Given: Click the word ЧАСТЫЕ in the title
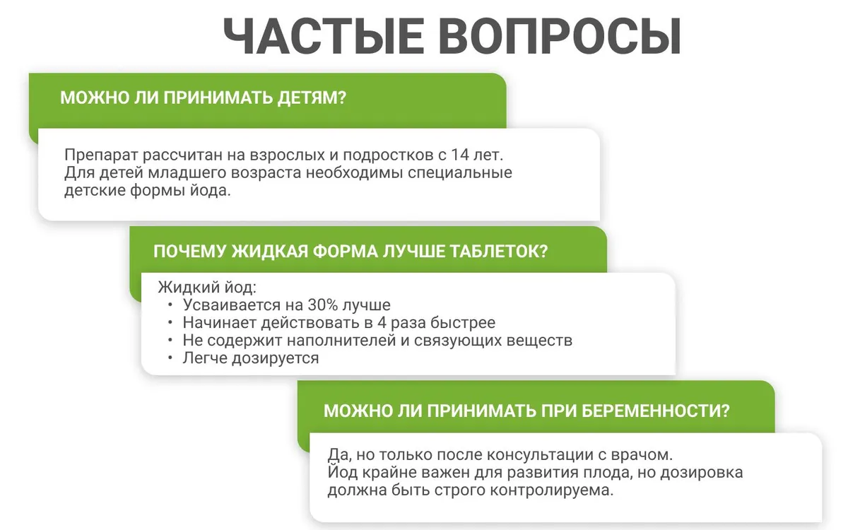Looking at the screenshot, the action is point(324,37).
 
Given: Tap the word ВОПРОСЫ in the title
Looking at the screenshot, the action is point(560,37).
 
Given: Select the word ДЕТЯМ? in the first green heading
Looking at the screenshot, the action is point(312,98).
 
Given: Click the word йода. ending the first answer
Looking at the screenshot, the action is point(210,190).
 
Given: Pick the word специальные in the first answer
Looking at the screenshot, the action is point(460,173).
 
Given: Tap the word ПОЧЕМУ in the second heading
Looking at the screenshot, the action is point(189,252).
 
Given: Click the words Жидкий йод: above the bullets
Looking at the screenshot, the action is point(207,288).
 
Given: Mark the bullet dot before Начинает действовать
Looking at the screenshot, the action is point(170,323).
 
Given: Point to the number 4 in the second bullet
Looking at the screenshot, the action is point(382,323).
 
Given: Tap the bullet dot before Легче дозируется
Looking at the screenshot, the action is point(170,358).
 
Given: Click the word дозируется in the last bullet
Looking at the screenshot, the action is point(275,358).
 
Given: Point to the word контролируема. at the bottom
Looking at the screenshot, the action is point(552,490).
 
